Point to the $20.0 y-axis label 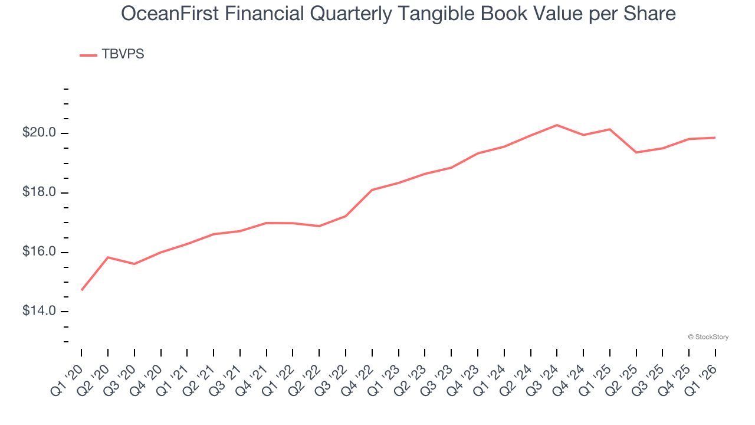[x=39, y=133]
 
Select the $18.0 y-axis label [x=39, y=192]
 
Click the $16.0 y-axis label [x=39, y=252]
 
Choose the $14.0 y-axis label [x=39, y=311]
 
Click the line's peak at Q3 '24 [x=557, y=125]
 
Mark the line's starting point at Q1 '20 [x=81, y=290]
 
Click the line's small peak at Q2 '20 [x=108, y=257]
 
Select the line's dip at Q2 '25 [x=636, y=152]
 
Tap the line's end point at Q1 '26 [x=715, y=138]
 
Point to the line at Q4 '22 [x=372, y=190]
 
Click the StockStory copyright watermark [x=708, y=337]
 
